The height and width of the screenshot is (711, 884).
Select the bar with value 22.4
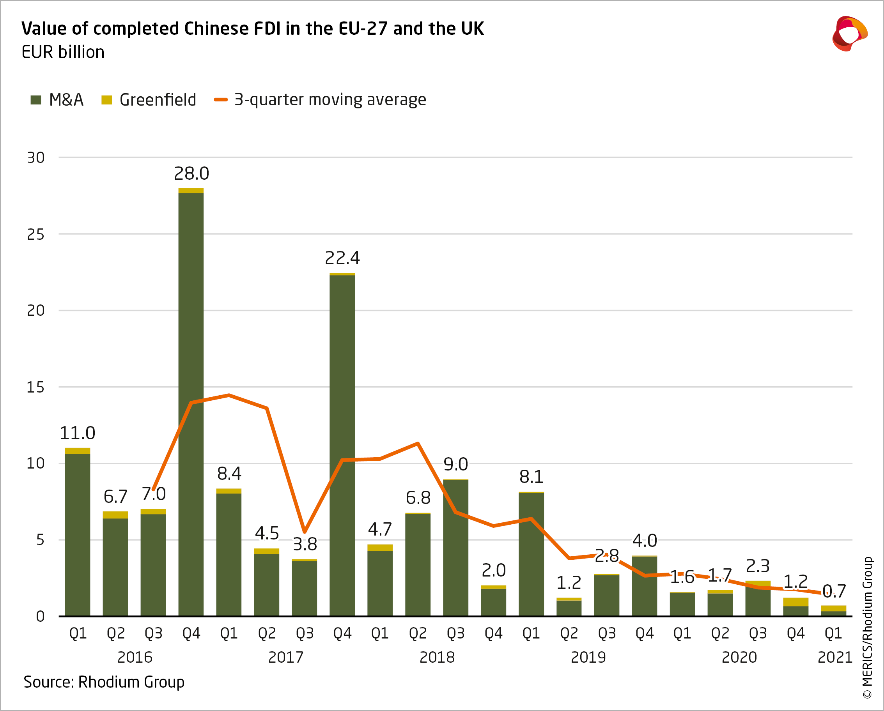342,445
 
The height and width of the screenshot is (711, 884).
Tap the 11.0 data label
78,433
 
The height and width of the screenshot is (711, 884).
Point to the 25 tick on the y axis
35,234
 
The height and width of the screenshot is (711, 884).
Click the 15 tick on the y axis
35,387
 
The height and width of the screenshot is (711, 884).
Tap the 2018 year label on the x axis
437,657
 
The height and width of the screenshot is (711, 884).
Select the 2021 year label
835,657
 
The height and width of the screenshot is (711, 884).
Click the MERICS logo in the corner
850,34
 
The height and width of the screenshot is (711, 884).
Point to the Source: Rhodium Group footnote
104,682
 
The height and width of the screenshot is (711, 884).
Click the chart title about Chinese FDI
253,29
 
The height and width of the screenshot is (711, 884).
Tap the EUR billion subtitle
63,53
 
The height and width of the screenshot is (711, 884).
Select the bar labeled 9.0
455,548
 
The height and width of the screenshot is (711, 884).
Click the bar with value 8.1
531,554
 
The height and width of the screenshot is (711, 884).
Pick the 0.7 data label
834,591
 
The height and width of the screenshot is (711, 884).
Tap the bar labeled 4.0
645,585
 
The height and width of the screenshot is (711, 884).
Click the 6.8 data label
418,498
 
